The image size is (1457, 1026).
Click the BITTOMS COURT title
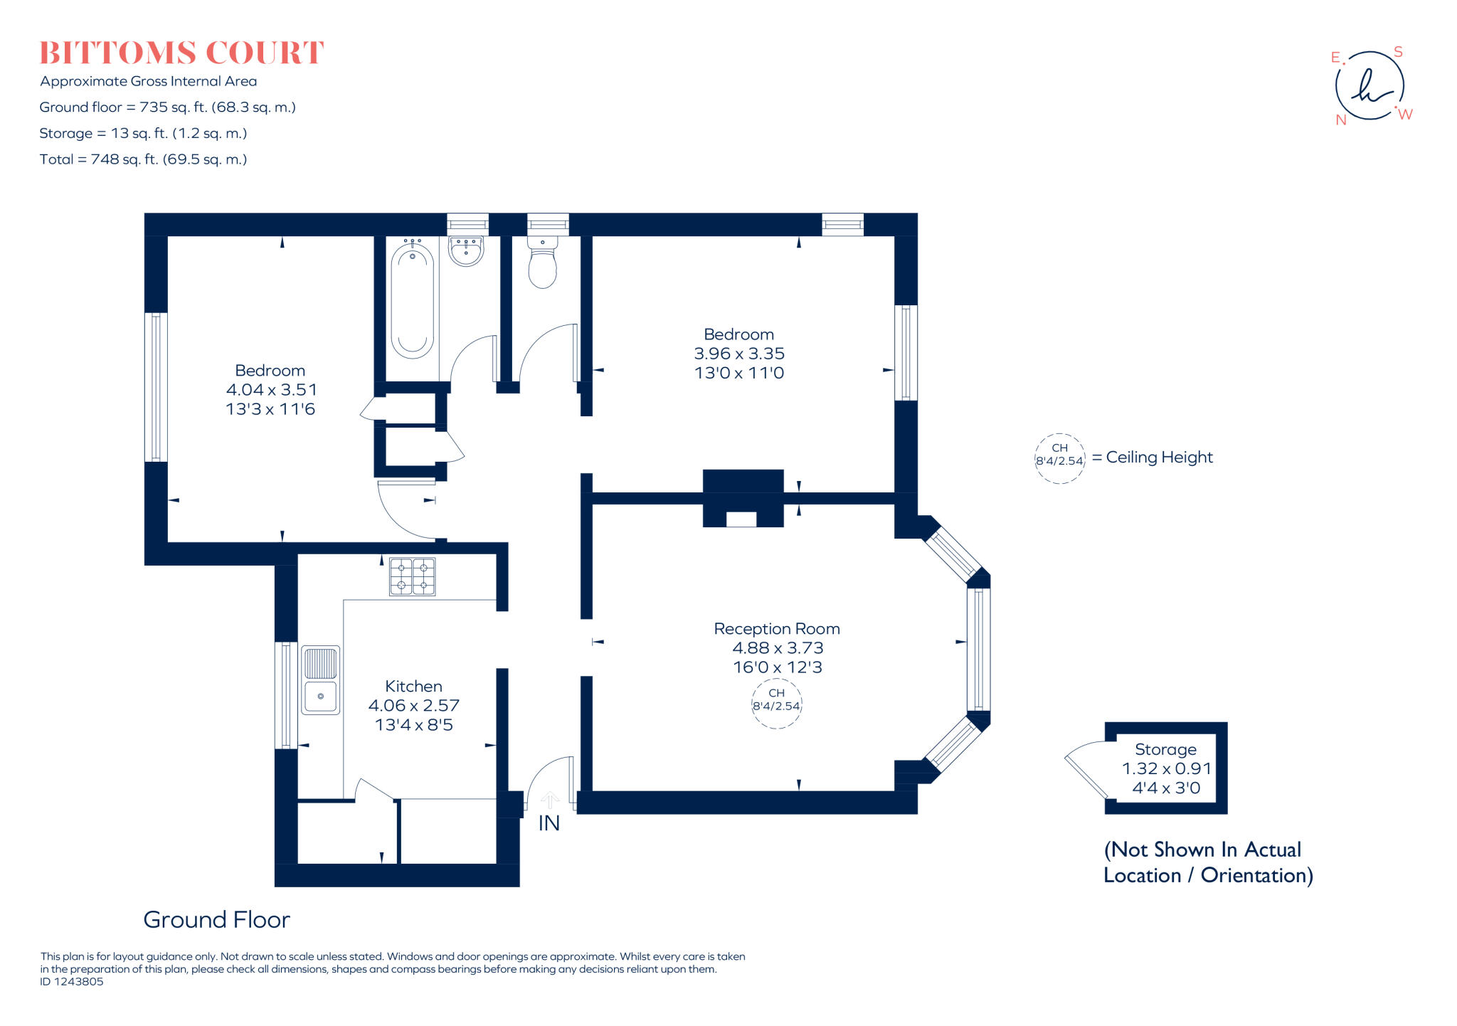coord(181,53)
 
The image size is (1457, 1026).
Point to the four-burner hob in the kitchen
coord(412,576)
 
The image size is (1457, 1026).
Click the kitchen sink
coord(321,679)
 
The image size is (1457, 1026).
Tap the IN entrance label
coord(549,823)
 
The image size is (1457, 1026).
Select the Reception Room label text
coord(776,629)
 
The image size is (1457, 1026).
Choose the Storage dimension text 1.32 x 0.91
coord(1166,768)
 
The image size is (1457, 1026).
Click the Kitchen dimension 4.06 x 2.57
coord(413,706)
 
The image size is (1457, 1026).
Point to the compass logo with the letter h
coord(1369,86)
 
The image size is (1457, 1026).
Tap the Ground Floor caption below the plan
coord(216,920)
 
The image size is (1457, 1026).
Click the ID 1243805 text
coord(72,982)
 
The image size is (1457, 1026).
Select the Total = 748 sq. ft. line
coord(143,159)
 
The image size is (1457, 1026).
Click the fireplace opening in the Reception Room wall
coord(741,519)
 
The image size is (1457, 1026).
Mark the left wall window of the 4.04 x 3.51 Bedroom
coord(156,387)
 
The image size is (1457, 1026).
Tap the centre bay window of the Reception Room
coord(979,649)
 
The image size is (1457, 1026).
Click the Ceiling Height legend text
coord(1159,458)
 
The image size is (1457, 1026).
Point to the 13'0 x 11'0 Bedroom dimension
coord(738,373)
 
